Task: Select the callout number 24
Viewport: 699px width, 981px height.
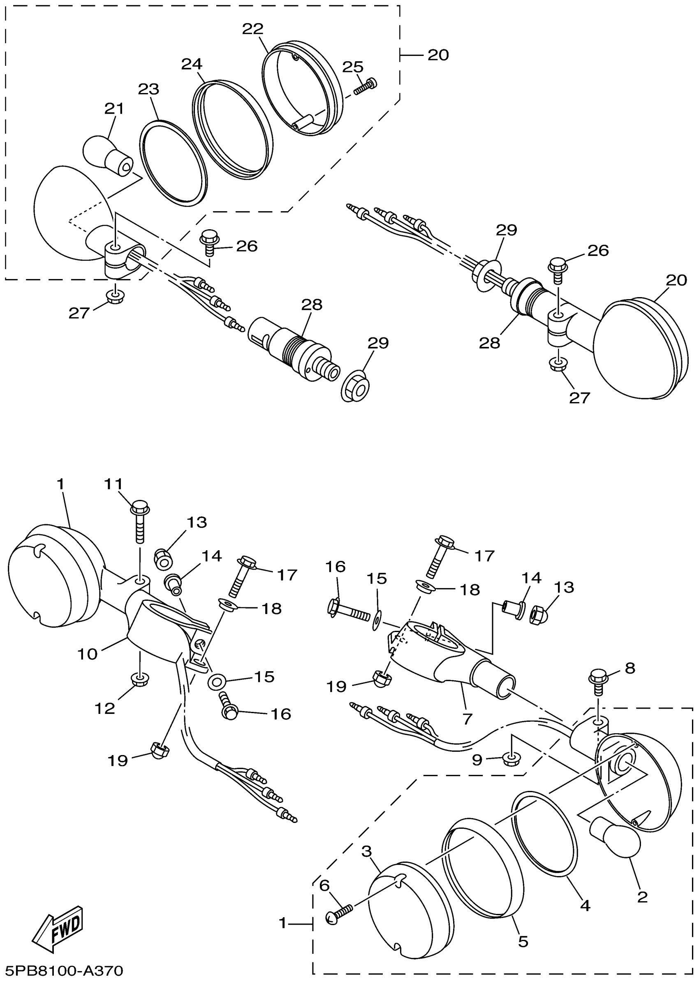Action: [x=192, y=65]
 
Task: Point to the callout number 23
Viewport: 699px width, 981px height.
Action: [x=148, y=90]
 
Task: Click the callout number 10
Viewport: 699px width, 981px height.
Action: [x=87, y=654]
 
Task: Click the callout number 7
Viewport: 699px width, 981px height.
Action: [x=467, y=718]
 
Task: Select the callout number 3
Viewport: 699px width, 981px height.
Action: [x=366, y=851]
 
